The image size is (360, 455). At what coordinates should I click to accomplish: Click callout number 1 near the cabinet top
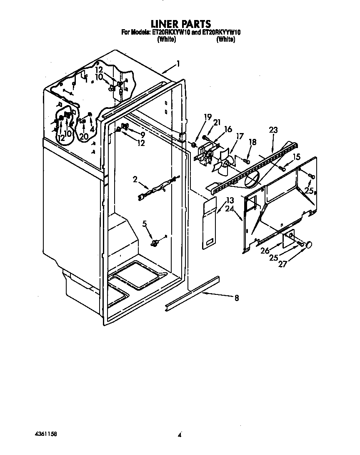(178, 64)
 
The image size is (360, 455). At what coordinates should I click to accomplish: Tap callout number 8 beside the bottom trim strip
(237, 298)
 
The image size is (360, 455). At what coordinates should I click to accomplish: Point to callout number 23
(273, 130)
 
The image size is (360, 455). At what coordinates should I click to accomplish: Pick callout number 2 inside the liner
(135, 179)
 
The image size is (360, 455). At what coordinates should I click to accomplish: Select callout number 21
(217, 122)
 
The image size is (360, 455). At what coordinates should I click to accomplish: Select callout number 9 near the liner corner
(142, 134)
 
